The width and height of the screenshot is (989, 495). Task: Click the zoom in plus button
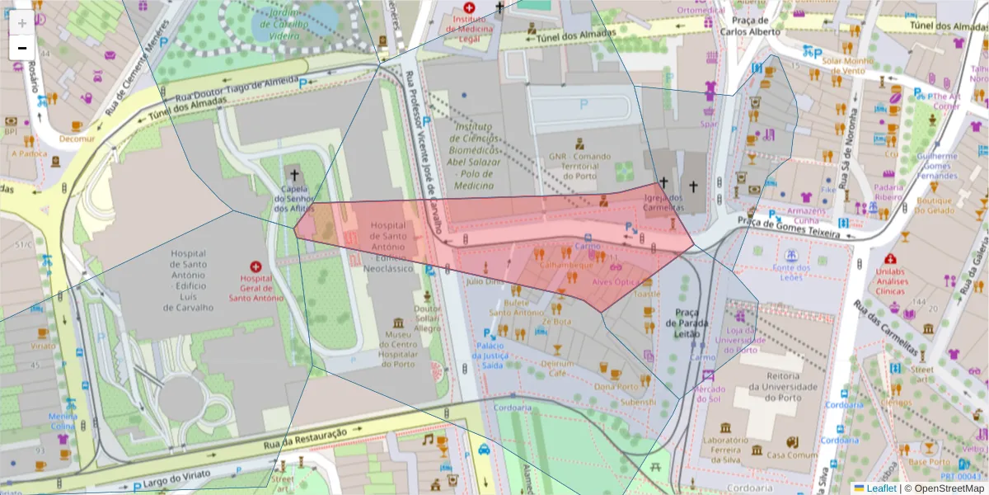22,23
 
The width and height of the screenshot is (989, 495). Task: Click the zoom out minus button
22,49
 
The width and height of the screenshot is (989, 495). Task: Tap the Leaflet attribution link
881,488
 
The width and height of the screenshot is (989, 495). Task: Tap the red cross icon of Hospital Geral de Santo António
255,267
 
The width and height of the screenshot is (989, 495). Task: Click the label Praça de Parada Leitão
687,323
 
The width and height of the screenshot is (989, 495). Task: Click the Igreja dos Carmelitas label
663,203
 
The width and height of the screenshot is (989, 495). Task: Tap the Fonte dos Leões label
791,272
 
